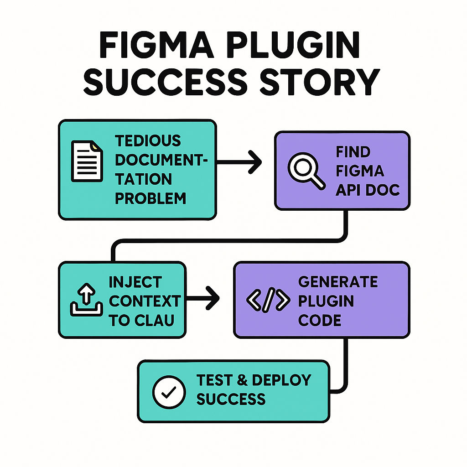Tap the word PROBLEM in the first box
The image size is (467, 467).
click(150, 198)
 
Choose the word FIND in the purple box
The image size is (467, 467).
click(353, 151)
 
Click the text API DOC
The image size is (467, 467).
click(368, 190)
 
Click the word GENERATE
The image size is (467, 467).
click(338, 281)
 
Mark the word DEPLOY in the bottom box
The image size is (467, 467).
click(281, 380)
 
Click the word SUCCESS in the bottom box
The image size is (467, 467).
click(231, 400)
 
